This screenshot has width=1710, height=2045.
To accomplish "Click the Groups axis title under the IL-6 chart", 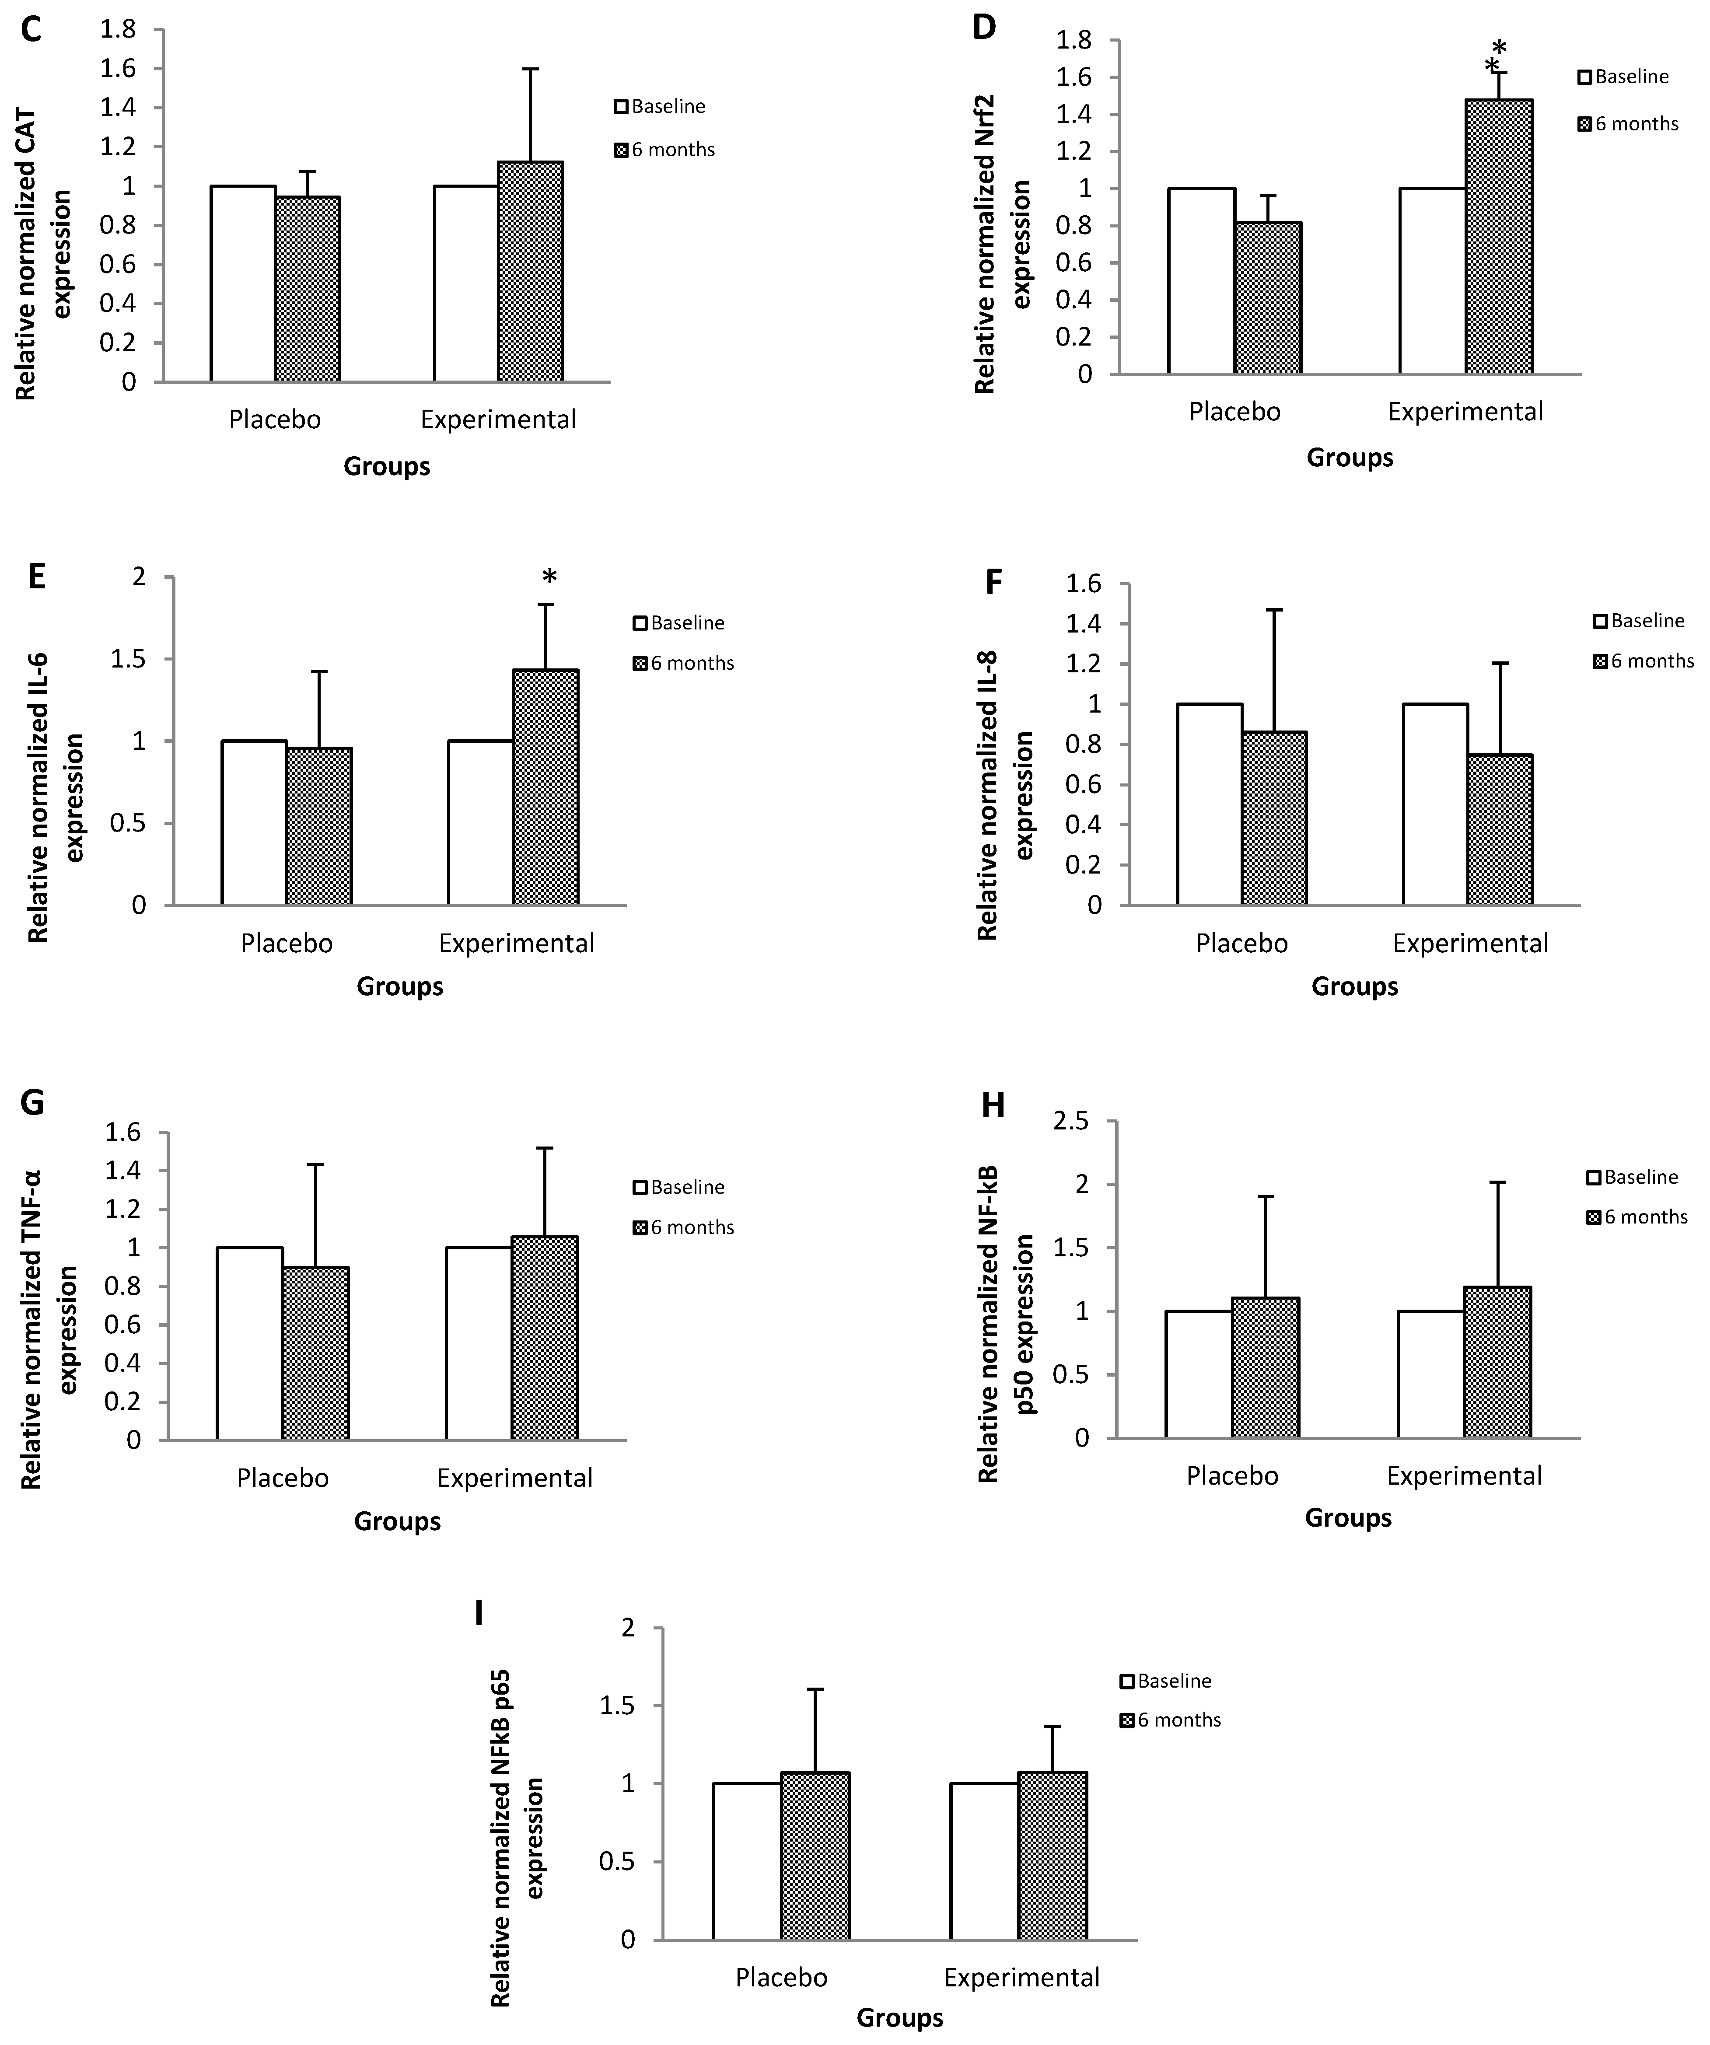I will [399, 986].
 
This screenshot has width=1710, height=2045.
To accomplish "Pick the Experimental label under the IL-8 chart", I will [1469, 944].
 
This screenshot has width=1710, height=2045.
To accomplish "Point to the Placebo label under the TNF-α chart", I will [283, 1478].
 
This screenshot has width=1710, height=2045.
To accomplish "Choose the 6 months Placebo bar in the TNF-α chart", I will [315, 1353].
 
